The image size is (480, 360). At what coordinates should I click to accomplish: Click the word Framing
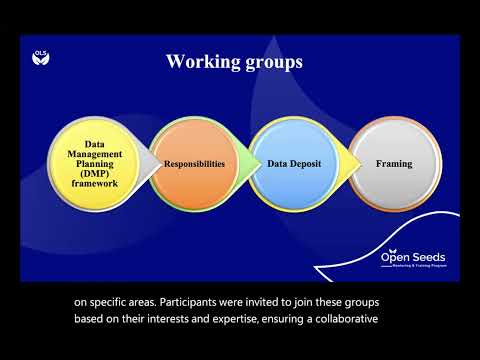[x=392, y=162]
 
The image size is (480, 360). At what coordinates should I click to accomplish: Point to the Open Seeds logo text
[x=414, y=257]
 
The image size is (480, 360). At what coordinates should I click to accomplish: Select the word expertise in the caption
[x=246, y=320]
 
